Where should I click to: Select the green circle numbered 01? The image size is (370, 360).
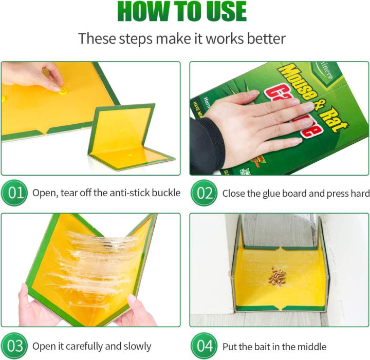[15, 193]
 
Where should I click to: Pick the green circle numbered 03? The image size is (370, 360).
[15, 346]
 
